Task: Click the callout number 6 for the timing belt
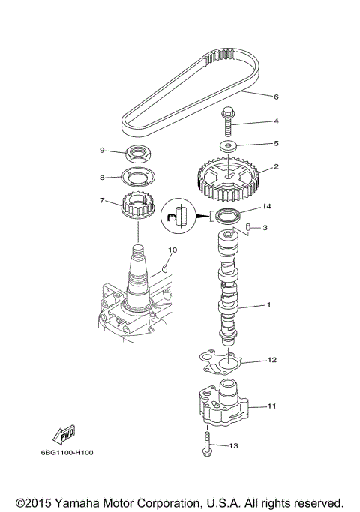(x=254, y=97)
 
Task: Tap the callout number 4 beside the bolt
(x=254, y=121)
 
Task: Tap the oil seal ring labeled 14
(x=226, y=217)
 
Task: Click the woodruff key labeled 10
(x=166, y=264)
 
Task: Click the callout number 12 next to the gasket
(x=271, y=360)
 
